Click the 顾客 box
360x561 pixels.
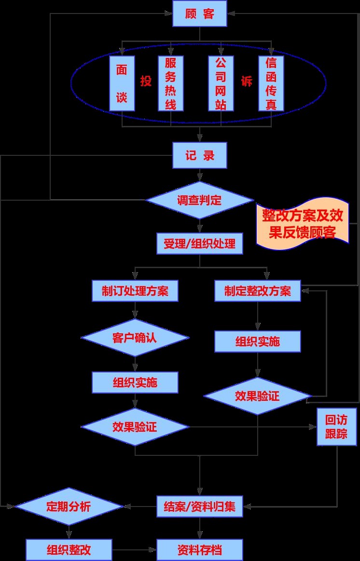pyautogui.click(x=200, y=14)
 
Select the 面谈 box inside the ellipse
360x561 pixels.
pyautogui.click(x=122, y=83)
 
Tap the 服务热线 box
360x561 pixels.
pyautogui.click(x=171, y=83)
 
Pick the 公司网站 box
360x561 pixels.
pyautogui.click(x=221, y=83)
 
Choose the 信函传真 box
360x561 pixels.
pyautogui.click(x=271, y=83)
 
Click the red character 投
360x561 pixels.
pyautogui.click(x=146, y=81)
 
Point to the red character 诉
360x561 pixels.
pyautogui.click(x=246, y=81)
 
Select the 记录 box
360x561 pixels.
pyautogui.click(x=200, y=155)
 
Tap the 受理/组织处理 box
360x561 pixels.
pyautogui.click(x=200, y=244)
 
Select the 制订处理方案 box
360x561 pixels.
pyautogui.click(x=135, y=291)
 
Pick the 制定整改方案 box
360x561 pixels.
pyautogui.click(x=258, y=291)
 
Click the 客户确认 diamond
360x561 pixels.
pyautogui.click(x=135, y=338)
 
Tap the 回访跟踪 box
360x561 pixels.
pyautogui.click(x=336, y=426)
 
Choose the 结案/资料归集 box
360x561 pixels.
pyautogui.click(x=200, y=506)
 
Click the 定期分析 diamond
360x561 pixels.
pyautogui.click(x=69, y=506)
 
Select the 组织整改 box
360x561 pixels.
pyautogui.click(x=69, y=550)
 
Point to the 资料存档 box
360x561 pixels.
pyautogui.click(x=200, y=550)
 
